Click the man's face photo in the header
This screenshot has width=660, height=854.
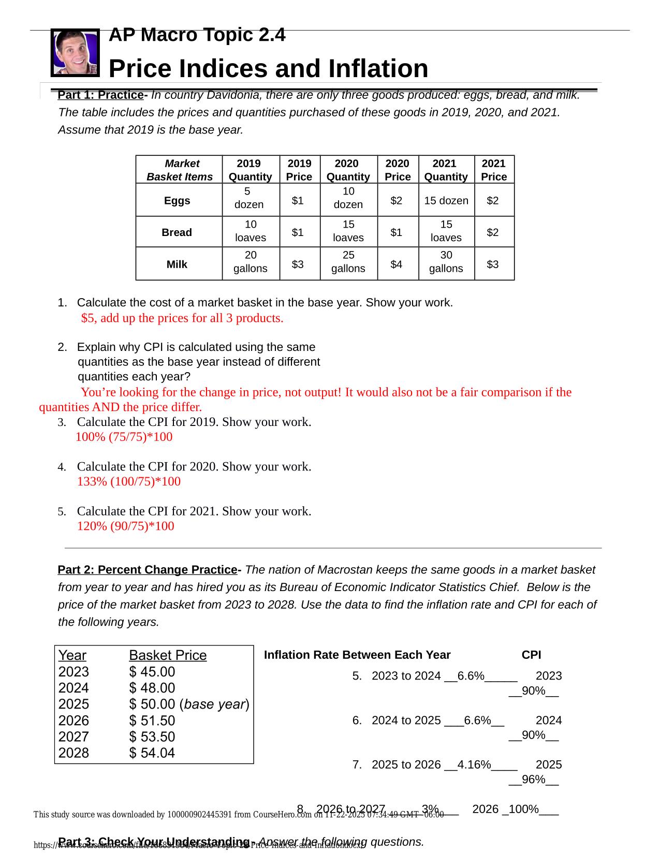pyautogui.click(x=75, y=52)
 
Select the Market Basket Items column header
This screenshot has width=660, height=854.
pyautogui.click(x=179, y=170)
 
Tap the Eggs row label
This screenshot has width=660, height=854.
pyautogui.click(x=177, y=201)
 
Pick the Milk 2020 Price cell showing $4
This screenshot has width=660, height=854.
pyautogui.click(x=397, y=264)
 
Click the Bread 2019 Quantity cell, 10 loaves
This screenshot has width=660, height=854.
pyautogui.click(x=251, y=231)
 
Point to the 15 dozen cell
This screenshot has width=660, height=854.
pyautogui.click(x=446, y=201)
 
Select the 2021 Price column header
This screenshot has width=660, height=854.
pyautogui.click(x=494, y=170)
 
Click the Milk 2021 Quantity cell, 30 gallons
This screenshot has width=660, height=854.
pyautogui.click(x=446, y=262)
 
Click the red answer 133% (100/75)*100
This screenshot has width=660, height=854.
pyautogui.click(x=129, y=482)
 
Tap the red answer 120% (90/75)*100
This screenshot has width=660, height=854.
pyautogui.click(x=126, y=526)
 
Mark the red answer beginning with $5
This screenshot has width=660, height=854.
pyautogui.click(x=182, y=318)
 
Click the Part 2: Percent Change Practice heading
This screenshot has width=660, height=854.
pyautogui.click(x=148, y=570)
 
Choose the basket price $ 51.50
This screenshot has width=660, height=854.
pyautogui.click(x=152, y=720)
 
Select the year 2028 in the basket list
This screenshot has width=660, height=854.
pyautogui.click(x=74, y=753)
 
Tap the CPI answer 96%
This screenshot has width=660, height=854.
pyautogui.click(x=534, y=779)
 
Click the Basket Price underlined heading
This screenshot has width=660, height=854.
pyautogui.click(x=168, y=655)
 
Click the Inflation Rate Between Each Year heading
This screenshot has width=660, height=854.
pyautogui.click(x=357, y=655)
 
